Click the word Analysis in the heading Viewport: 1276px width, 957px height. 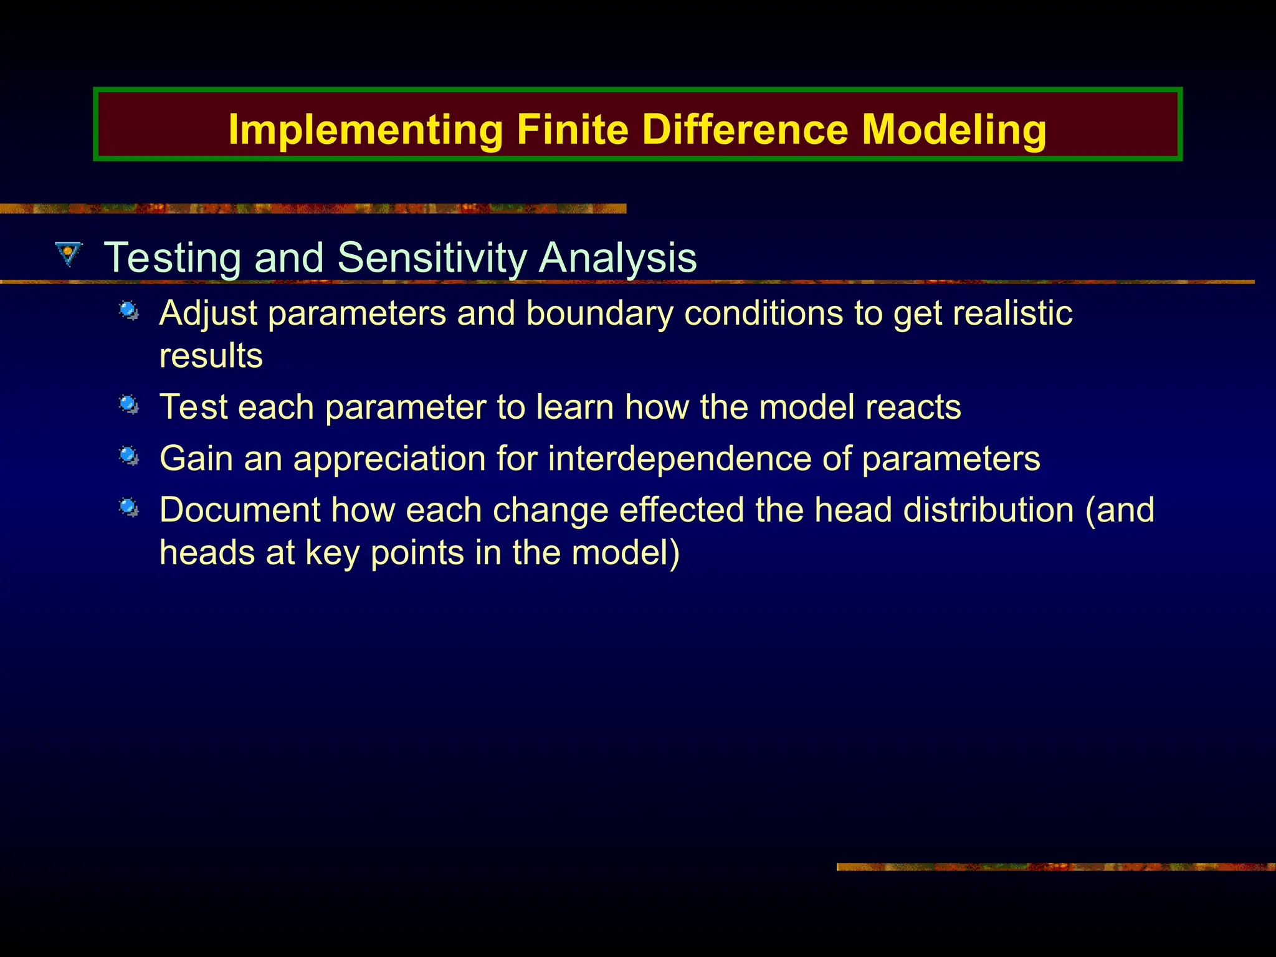[x=617, y=257]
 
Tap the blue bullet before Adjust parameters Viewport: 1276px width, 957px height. [x=129, y=310]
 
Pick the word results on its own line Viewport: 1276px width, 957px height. [x=211, y=356]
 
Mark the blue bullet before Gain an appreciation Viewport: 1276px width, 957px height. [x=129, y=456]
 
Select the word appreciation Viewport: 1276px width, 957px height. [x=389, y=459]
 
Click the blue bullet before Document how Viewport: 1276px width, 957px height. [x=129, y=508]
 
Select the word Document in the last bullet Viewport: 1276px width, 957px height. [x=239, y=510]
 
